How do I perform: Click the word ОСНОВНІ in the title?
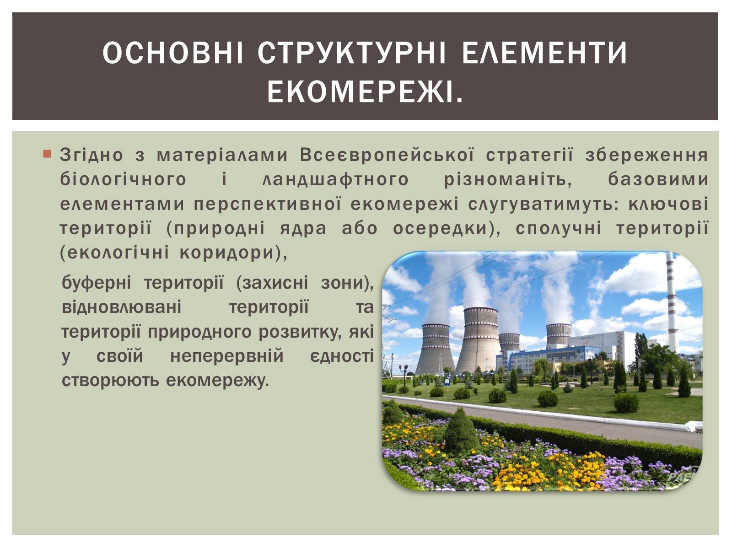click(172, 52)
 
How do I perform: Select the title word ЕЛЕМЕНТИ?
click(544, 52)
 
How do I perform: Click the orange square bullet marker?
click(47, 154)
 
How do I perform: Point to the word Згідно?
click(91, 155)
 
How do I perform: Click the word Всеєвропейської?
click(387, 155)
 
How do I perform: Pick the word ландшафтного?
click(335, 180)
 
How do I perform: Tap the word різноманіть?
click(507, 180)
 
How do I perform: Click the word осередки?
click(443, 229)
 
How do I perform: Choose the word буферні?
click(97, 282)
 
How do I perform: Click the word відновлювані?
click(122, 307)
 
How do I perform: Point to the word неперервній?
click(227, 355)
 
